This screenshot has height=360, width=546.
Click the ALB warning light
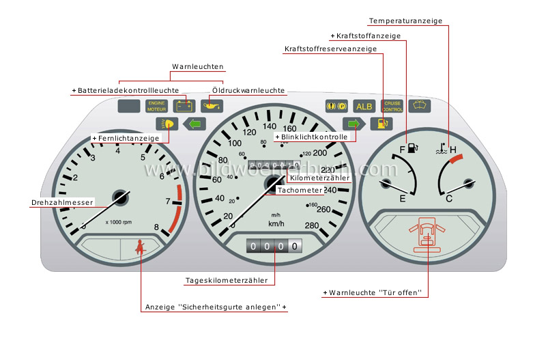364,106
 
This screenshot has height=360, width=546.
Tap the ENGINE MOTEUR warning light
156,106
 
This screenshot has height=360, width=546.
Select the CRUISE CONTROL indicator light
392,106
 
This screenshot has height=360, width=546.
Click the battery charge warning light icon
183,106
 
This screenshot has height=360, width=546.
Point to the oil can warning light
212,106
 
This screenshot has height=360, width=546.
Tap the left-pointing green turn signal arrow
195,124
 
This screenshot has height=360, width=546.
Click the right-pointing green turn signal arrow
354,124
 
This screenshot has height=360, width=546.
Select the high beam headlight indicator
167,124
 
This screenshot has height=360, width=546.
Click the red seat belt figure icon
141,247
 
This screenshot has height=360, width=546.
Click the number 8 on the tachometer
156,227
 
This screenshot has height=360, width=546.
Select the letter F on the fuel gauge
403,149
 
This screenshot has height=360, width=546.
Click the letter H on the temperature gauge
452,149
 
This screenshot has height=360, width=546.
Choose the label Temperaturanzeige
405,21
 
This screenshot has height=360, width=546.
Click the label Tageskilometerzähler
230,280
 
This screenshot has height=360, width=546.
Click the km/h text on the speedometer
276,223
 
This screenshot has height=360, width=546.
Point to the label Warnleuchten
197,67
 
